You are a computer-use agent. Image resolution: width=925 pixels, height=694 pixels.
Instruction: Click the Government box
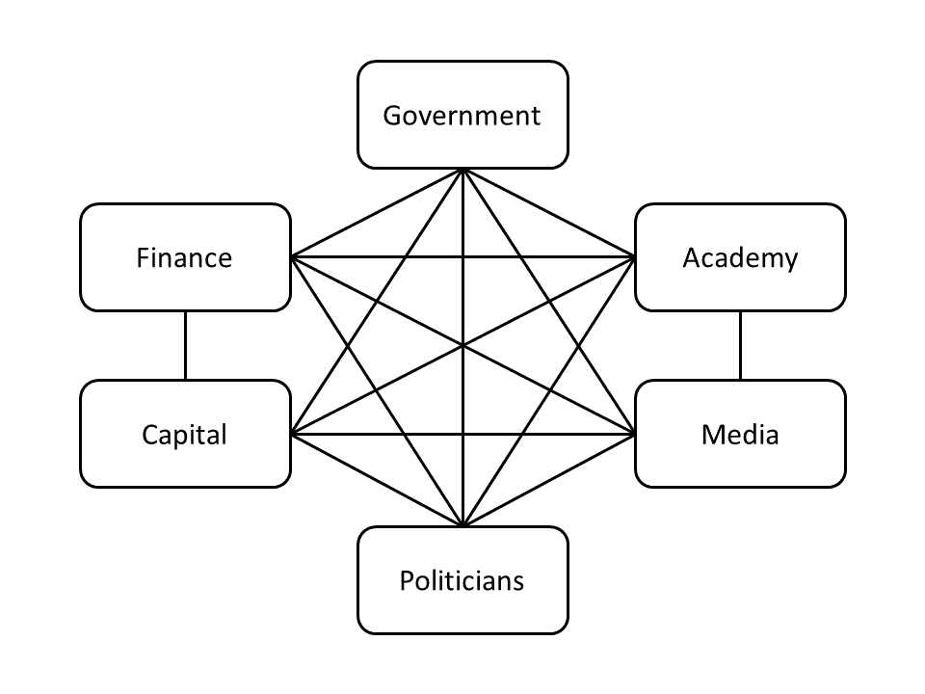pos(462,115)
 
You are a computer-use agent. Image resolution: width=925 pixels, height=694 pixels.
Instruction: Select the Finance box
pos(185,257)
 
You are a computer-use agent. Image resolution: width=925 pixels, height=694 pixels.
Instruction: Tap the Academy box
pos(740,257)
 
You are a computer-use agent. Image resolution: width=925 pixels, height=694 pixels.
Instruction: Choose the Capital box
pos(185,434)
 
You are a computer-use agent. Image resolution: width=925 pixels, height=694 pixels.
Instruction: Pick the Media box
pos(740,434)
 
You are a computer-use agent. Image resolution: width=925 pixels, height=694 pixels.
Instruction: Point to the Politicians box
pos(462,580)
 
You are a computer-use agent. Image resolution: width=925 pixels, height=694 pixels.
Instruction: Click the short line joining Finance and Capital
pos(185,345)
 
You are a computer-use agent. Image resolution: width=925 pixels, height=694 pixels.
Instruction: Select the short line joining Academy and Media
pos(740,345)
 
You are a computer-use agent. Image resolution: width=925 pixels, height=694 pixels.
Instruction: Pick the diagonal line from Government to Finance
pos(377,213)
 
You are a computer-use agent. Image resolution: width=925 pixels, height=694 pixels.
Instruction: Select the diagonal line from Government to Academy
pos(549,213)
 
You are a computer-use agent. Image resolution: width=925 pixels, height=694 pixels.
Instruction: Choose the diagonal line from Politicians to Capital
pos(377,480)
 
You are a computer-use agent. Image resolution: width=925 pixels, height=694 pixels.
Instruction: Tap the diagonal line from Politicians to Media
pos(549,480)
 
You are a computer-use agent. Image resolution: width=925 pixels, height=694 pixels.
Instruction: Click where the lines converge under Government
pos(462,170)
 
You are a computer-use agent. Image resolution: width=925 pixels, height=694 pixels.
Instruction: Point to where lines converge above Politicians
pos(462,525)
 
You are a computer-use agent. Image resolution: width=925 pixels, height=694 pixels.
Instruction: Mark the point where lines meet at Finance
pos(292,257)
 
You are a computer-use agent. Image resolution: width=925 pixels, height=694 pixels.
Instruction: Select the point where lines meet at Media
pos(634,434)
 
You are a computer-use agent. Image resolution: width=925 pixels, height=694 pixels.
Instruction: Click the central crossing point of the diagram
pos(462,345)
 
